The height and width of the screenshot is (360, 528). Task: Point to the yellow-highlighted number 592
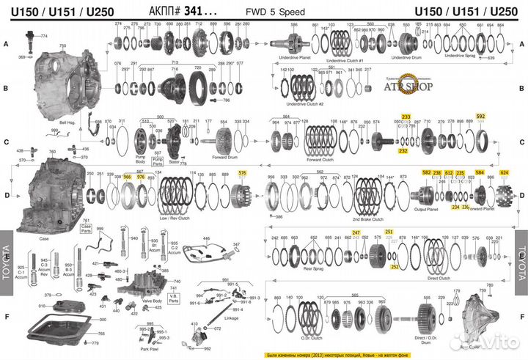tap(480, 117)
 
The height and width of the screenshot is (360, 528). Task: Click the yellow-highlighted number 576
tap(243, 172)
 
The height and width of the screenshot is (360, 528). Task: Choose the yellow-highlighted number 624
tap(504, 172)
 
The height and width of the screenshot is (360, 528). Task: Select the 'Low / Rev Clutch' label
tap(175, 218)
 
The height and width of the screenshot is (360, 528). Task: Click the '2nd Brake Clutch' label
tap(367, 218)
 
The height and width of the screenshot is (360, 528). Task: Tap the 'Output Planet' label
tap(425, 210)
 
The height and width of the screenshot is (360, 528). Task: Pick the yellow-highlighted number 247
tap(356, 232)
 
